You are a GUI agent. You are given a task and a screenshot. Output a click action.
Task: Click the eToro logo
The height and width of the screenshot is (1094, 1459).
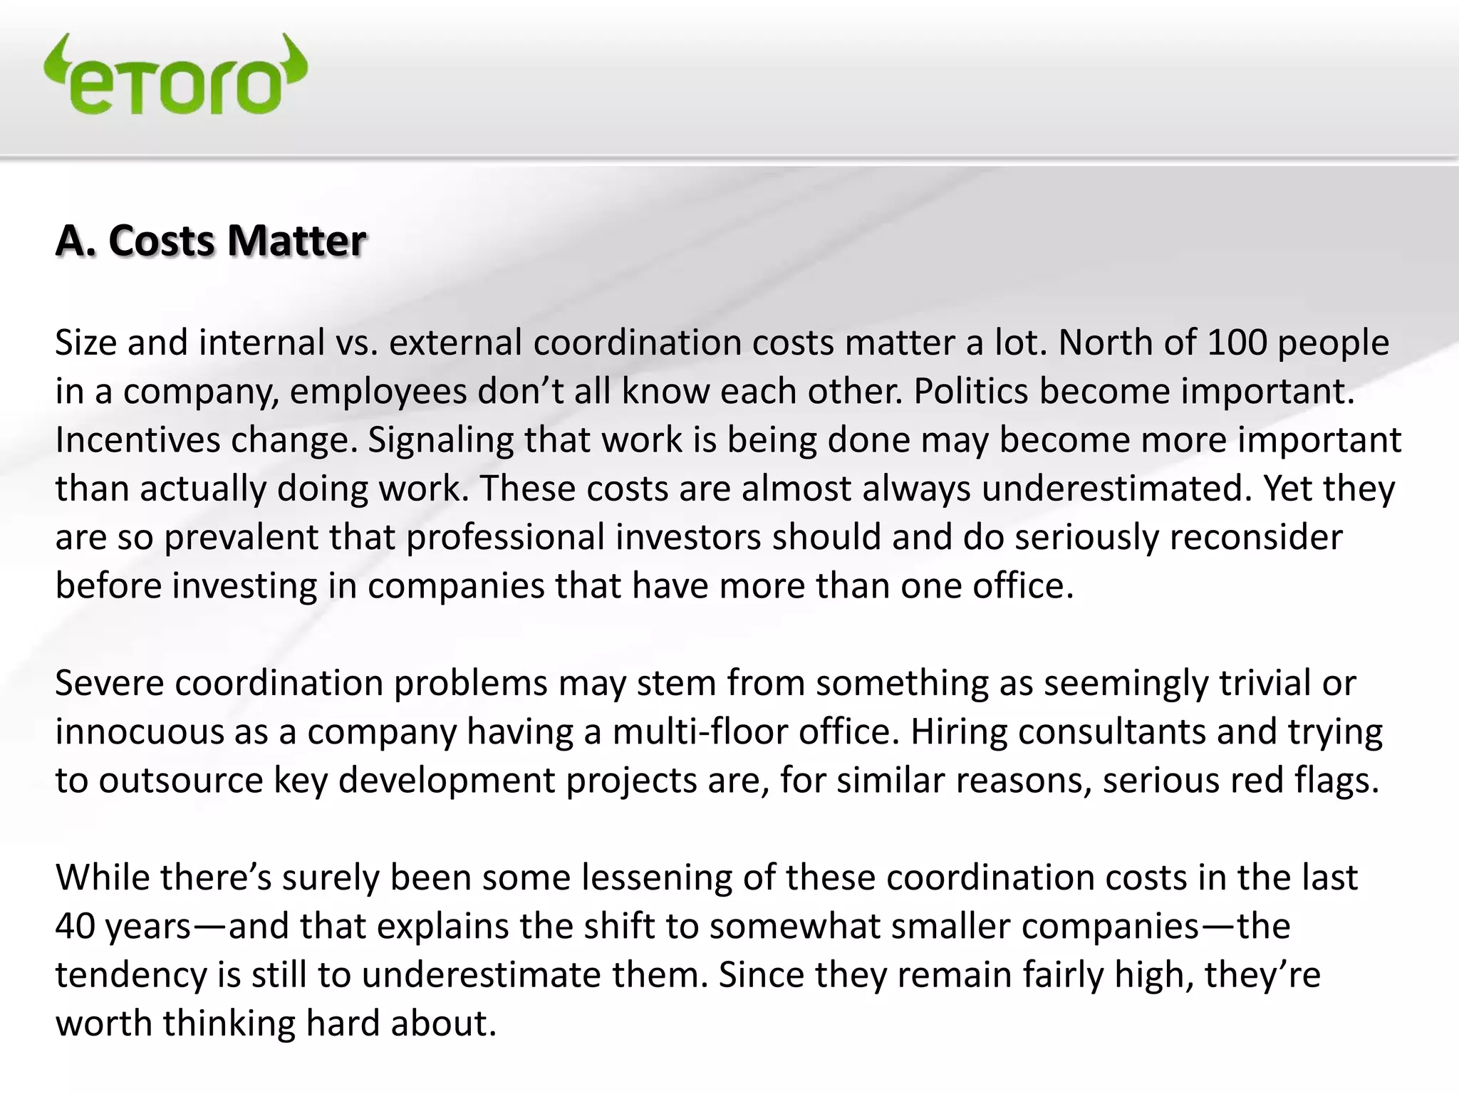175,75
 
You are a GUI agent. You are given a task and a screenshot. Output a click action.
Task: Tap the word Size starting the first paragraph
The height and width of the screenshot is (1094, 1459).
85,343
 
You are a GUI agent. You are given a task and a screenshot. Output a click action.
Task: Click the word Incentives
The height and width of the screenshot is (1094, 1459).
137,440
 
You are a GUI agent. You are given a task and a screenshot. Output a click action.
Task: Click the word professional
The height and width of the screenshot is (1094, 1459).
505,537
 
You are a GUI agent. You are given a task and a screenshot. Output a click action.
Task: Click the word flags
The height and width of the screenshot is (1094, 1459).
1337,781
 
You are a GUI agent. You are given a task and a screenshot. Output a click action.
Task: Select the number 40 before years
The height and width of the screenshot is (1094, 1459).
75,927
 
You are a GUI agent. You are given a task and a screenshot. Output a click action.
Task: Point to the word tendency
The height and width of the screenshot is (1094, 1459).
131,975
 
